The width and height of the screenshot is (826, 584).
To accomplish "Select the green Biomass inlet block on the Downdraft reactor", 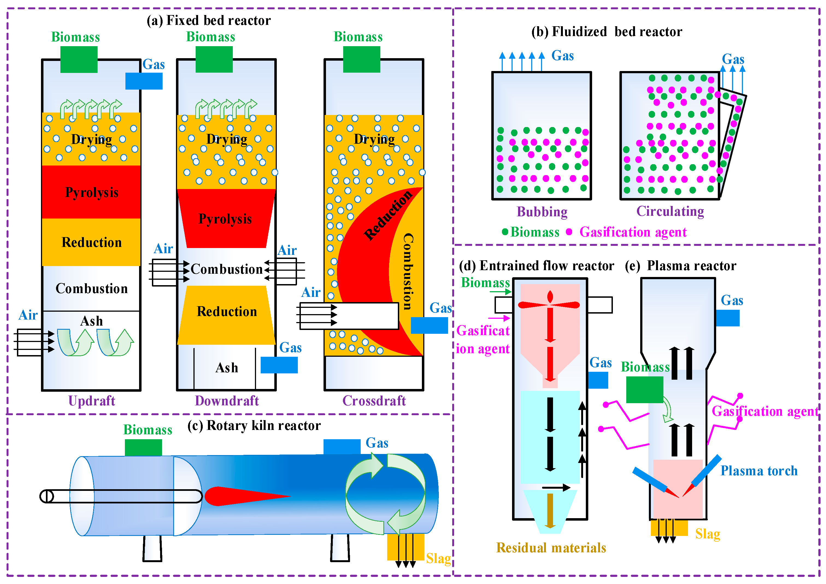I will pyautogui.click(x=214, y=59).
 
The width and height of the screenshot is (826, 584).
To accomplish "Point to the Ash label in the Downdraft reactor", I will pyautogui.click(x=227, y=367).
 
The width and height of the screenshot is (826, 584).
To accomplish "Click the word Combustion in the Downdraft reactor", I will pyautogui.click(x=227, y=269).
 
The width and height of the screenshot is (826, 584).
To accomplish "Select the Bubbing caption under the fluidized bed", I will pyautogui.click(x=542, y=211).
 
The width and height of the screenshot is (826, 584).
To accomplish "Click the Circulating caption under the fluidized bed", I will pyautogui.click(x=670, y=211).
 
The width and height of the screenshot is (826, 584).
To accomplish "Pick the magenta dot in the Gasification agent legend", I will pyautogui.click(x=569, y=232).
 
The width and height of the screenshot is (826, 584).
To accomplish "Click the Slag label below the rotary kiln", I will pyautogui.click(x=438, y=558).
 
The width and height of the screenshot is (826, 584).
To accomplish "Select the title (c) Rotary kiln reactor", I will pyautogui.click(x=254, y=425).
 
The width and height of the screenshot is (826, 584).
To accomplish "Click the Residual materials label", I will pyautogui.click(x=551, y=548).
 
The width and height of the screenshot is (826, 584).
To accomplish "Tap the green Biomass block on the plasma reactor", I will pyautogui.click(x=644, y=390).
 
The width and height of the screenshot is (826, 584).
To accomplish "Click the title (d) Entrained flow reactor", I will pyautogui.click(x=536, y=266).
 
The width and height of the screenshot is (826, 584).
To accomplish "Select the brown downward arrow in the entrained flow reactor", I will pyautogui.click(x=549, y=511).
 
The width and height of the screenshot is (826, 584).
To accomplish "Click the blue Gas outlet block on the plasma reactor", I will pyautogui.click(x=727, y=318).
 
